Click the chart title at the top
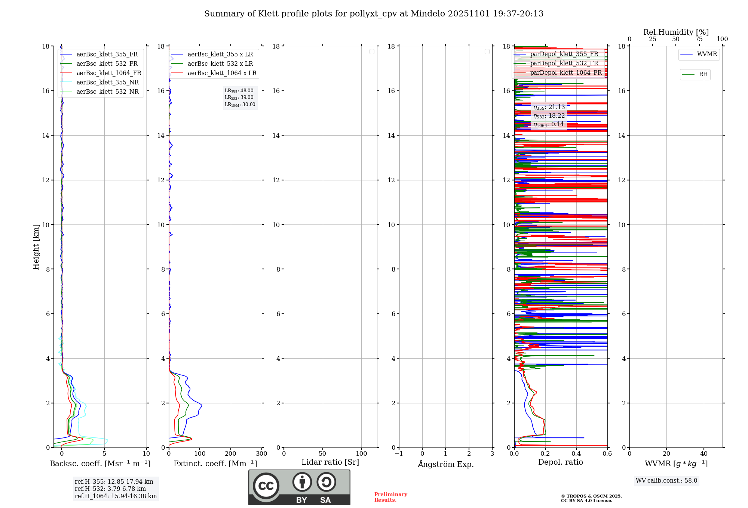(374, 14)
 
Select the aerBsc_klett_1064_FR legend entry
(108, 73)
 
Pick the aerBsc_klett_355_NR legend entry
(107, 83)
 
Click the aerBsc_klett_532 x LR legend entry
(220, 64)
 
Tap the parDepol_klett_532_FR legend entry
(564, 63)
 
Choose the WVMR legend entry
(706, 54)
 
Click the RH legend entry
(703, 74)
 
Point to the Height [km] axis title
(36, 247)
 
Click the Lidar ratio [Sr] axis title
(330, 462)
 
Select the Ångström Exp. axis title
(445, 464)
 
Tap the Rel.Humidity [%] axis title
(676, 32)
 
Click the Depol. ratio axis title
(560, 462)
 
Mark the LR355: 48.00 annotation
(239, 91)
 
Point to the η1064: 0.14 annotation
(548, 124)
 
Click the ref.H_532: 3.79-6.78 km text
(110, 489)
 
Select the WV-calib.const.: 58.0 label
(666, 481)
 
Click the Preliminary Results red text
(390, 497)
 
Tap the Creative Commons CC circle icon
(266, 486)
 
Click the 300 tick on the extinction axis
(261, 454)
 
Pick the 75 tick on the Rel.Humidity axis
(699, 39)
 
